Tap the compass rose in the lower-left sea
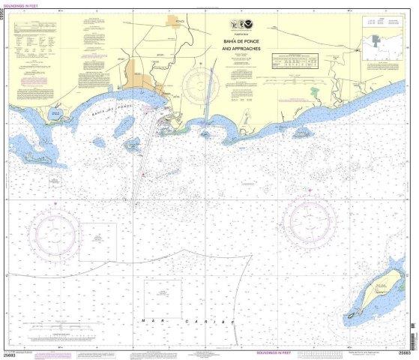coord(53,229)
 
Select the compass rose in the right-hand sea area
coord(308,218)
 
